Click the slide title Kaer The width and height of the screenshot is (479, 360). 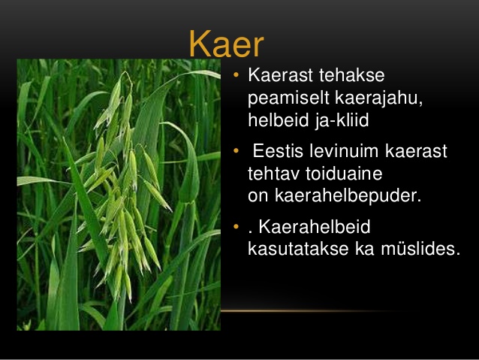tap(227, 44)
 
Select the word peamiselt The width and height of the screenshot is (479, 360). tap(288, 98)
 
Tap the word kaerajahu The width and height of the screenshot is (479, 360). tap(379, 98)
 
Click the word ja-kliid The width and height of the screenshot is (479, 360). tap(342, 120)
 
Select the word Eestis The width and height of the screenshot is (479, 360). tap(278, 151)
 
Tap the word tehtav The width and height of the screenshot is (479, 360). tap(273, 174)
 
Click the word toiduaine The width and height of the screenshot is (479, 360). tap(344, 174)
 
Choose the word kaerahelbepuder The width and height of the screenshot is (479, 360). tap(348, 195)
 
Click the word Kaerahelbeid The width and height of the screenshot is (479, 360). tap(315, 227)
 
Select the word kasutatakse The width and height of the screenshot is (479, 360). tap(298, 248)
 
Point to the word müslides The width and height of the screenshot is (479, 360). tap(420, 248)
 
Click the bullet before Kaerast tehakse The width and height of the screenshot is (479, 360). tap(236, 74)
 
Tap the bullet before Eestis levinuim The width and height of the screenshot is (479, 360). tap(236, 150)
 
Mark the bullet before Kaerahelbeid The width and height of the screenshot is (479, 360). tap(236, 226)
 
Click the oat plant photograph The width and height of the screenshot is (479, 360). tap(119, 195)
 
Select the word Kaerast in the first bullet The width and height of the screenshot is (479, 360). tap(281, 75)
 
